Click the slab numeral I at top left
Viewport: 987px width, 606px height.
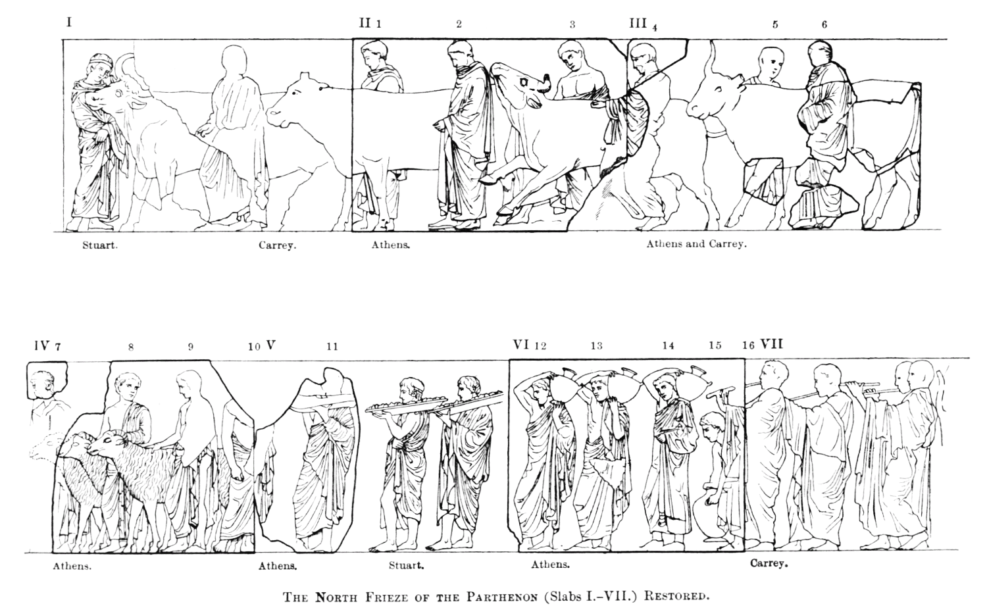[69, 22]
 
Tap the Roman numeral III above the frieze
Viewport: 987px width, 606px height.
[638, 23]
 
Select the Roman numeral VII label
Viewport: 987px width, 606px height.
[771, 343]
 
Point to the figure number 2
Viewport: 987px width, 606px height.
[459, 24]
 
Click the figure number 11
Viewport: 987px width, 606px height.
[332, 347]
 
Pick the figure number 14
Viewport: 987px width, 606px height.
[668, 346]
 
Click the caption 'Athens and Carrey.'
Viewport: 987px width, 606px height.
[697, 244]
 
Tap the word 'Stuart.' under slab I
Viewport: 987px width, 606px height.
[100, 245]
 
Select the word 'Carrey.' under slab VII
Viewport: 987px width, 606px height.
[769, 563]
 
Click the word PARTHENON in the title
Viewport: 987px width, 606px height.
[502, 597]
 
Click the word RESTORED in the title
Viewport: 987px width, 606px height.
[677, 597]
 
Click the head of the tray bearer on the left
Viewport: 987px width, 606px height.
[411, 390]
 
